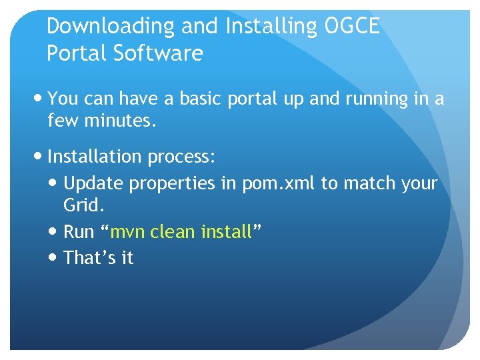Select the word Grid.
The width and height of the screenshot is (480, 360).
[x=84, y=205]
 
